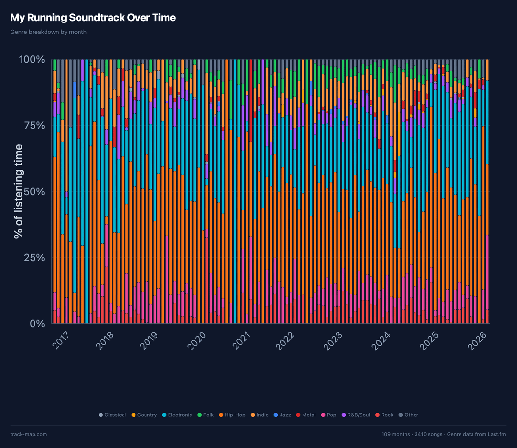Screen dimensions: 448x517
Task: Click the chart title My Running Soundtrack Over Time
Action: coord(93,18)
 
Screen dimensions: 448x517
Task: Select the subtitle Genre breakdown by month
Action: coord(48,32)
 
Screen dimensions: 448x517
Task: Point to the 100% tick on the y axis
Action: coord(32,60)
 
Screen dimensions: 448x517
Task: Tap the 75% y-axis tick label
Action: coord(34,126)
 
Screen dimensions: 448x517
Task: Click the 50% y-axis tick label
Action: coord(34,192)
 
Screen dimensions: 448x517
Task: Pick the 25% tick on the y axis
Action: coord(34,258)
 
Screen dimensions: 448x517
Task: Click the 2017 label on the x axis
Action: coord(60,340)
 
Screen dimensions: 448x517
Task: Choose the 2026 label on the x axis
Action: coord(479,340)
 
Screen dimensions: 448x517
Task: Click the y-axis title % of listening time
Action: coord(19,191)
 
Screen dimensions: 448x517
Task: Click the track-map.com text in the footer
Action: coord(29,434)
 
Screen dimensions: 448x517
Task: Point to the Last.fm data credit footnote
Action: coord(444,434)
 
